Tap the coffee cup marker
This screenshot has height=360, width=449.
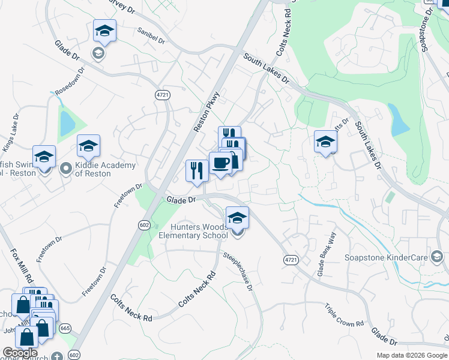221,163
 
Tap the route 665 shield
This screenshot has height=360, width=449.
65,328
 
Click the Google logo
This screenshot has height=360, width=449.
20,353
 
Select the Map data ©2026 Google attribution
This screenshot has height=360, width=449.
412,355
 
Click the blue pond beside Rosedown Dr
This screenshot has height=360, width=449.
67,124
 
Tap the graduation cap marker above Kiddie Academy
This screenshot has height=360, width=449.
88,146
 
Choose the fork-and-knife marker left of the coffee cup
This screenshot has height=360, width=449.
197,170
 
